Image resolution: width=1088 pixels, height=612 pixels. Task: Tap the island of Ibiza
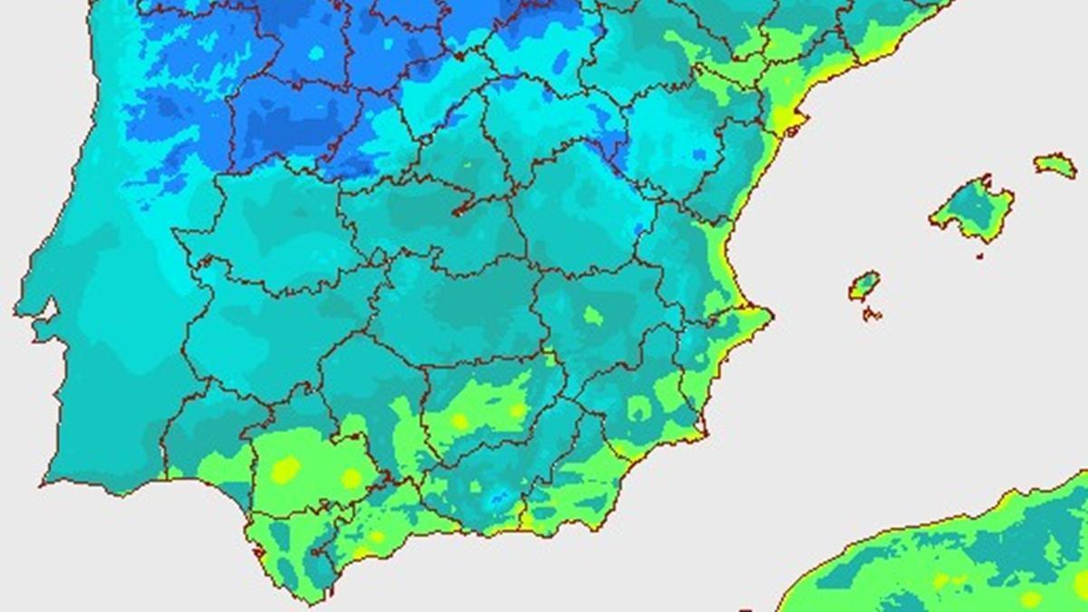point(864,285)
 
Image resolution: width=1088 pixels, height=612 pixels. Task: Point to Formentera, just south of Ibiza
point(871,315)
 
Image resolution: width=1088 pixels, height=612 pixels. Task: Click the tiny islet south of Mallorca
point(980,256)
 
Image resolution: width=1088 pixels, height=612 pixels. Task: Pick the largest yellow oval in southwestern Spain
point(287,469)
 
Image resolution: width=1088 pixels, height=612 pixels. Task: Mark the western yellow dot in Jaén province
point(460,421)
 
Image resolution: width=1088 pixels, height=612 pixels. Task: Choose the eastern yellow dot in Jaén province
point(517,410)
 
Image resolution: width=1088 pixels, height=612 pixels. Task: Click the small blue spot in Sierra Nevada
point(498,498)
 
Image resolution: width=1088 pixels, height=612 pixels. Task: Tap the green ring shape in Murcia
point(640,410)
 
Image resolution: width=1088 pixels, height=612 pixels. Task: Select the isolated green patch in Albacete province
point(593,316)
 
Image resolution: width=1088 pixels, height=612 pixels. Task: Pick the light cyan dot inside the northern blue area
point(316,53)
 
